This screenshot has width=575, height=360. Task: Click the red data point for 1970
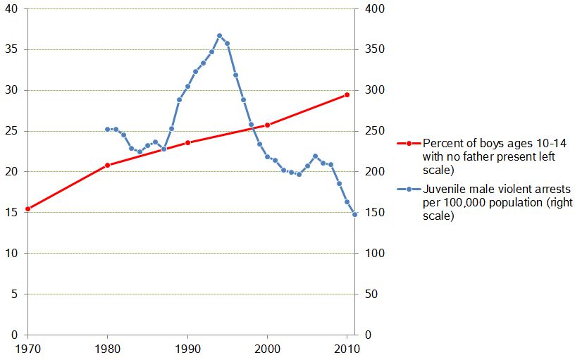click(27, 209)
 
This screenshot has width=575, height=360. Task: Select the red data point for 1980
click(107, 165)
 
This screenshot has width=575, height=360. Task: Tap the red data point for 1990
click(187, 142)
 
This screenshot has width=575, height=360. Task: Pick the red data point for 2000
click(267, 125)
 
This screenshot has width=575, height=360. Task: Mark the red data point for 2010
click(347, 94)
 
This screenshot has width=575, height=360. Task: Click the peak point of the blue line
click(219, 35)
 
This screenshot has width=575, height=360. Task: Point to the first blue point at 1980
click(107, 129)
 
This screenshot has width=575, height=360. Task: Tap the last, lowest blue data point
click(354, 214)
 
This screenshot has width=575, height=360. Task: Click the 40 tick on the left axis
click(15, 9)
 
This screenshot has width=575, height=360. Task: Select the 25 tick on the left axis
click(15, 131)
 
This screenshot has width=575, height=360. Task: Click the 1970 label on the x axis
click(27, 348)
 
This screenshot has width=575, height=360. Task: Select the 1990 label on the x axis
click(187, 348)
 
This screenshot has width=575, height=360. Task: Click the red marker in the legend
click(408, 144)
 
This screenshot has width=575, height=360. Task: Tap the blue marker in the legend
click(408, 190)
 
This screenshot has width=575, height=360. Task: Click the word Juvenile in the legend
click(443, 190)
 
